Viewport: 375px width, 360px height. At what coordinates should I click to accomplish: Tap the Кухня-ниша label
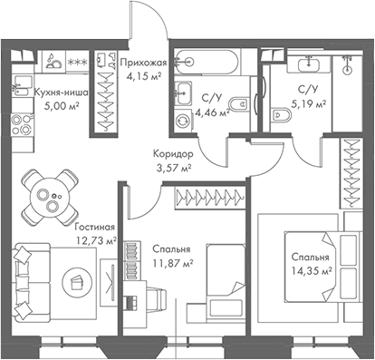60,92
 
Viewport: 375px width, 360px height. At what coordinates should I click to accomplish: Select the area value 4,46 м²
210,113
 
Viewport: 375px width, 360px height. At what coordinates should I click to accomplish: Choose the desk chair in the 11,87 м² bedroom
154,300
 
